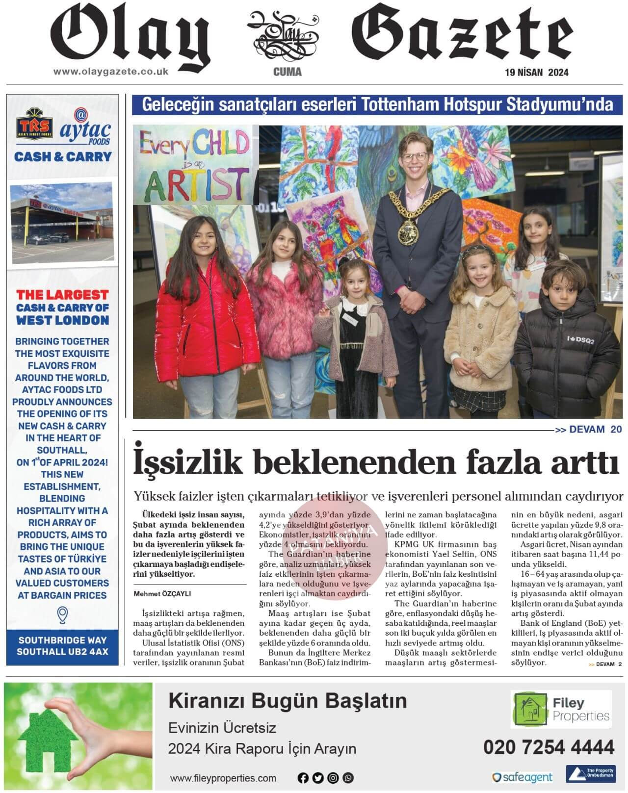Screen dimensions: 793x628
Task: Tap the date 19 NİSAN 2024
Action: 537,73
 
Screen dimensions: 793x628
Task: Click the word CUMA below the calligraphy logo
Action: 288,73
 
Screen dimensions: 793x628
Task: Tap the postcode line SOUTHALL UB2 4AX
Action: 62,652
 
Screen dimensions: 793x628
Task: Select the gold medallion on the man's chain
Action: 409,230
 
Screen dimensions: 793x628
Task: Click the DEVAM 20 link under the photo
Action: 588,430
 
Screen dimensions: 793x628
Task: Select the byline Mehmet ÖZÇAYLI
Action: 162,593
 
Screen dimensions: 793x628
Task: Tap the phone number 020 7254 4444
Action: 549,747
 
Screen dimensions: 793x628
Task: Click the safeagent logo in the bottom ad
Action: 522,777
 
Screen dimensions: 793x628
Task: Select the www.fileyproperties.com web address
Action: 223,778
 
